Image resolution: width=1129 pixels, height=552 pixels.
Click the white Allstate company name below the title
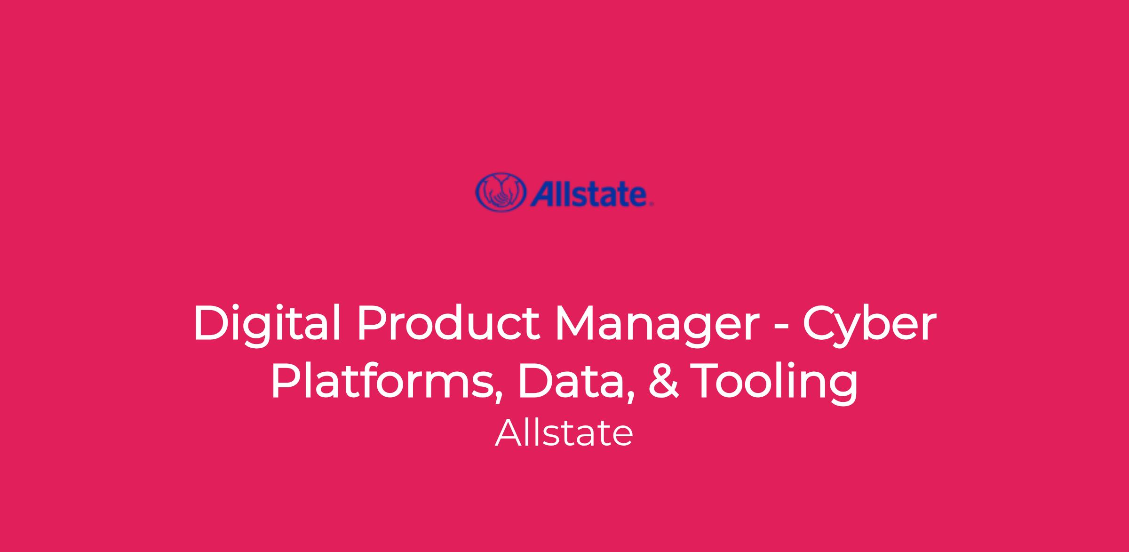pos(564,433)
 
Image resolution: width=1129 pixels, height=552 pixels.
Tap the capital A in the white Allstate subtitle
pos(508,433)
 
